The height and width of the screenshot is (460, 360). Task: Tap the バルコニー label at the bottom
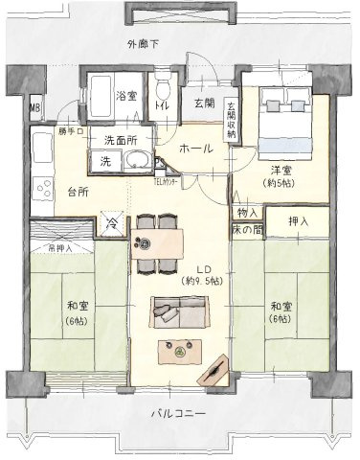179,414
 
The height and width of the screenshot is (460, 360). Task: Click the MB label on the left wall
35,108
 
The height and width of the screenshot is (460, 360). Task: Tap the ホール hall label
195,149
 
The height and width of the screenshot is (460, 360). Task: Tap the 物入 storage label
246,212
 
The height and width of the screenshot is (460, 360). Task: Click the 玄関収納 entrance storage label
231,119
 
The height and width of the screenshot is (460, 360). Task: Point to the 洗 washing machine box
105,160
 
